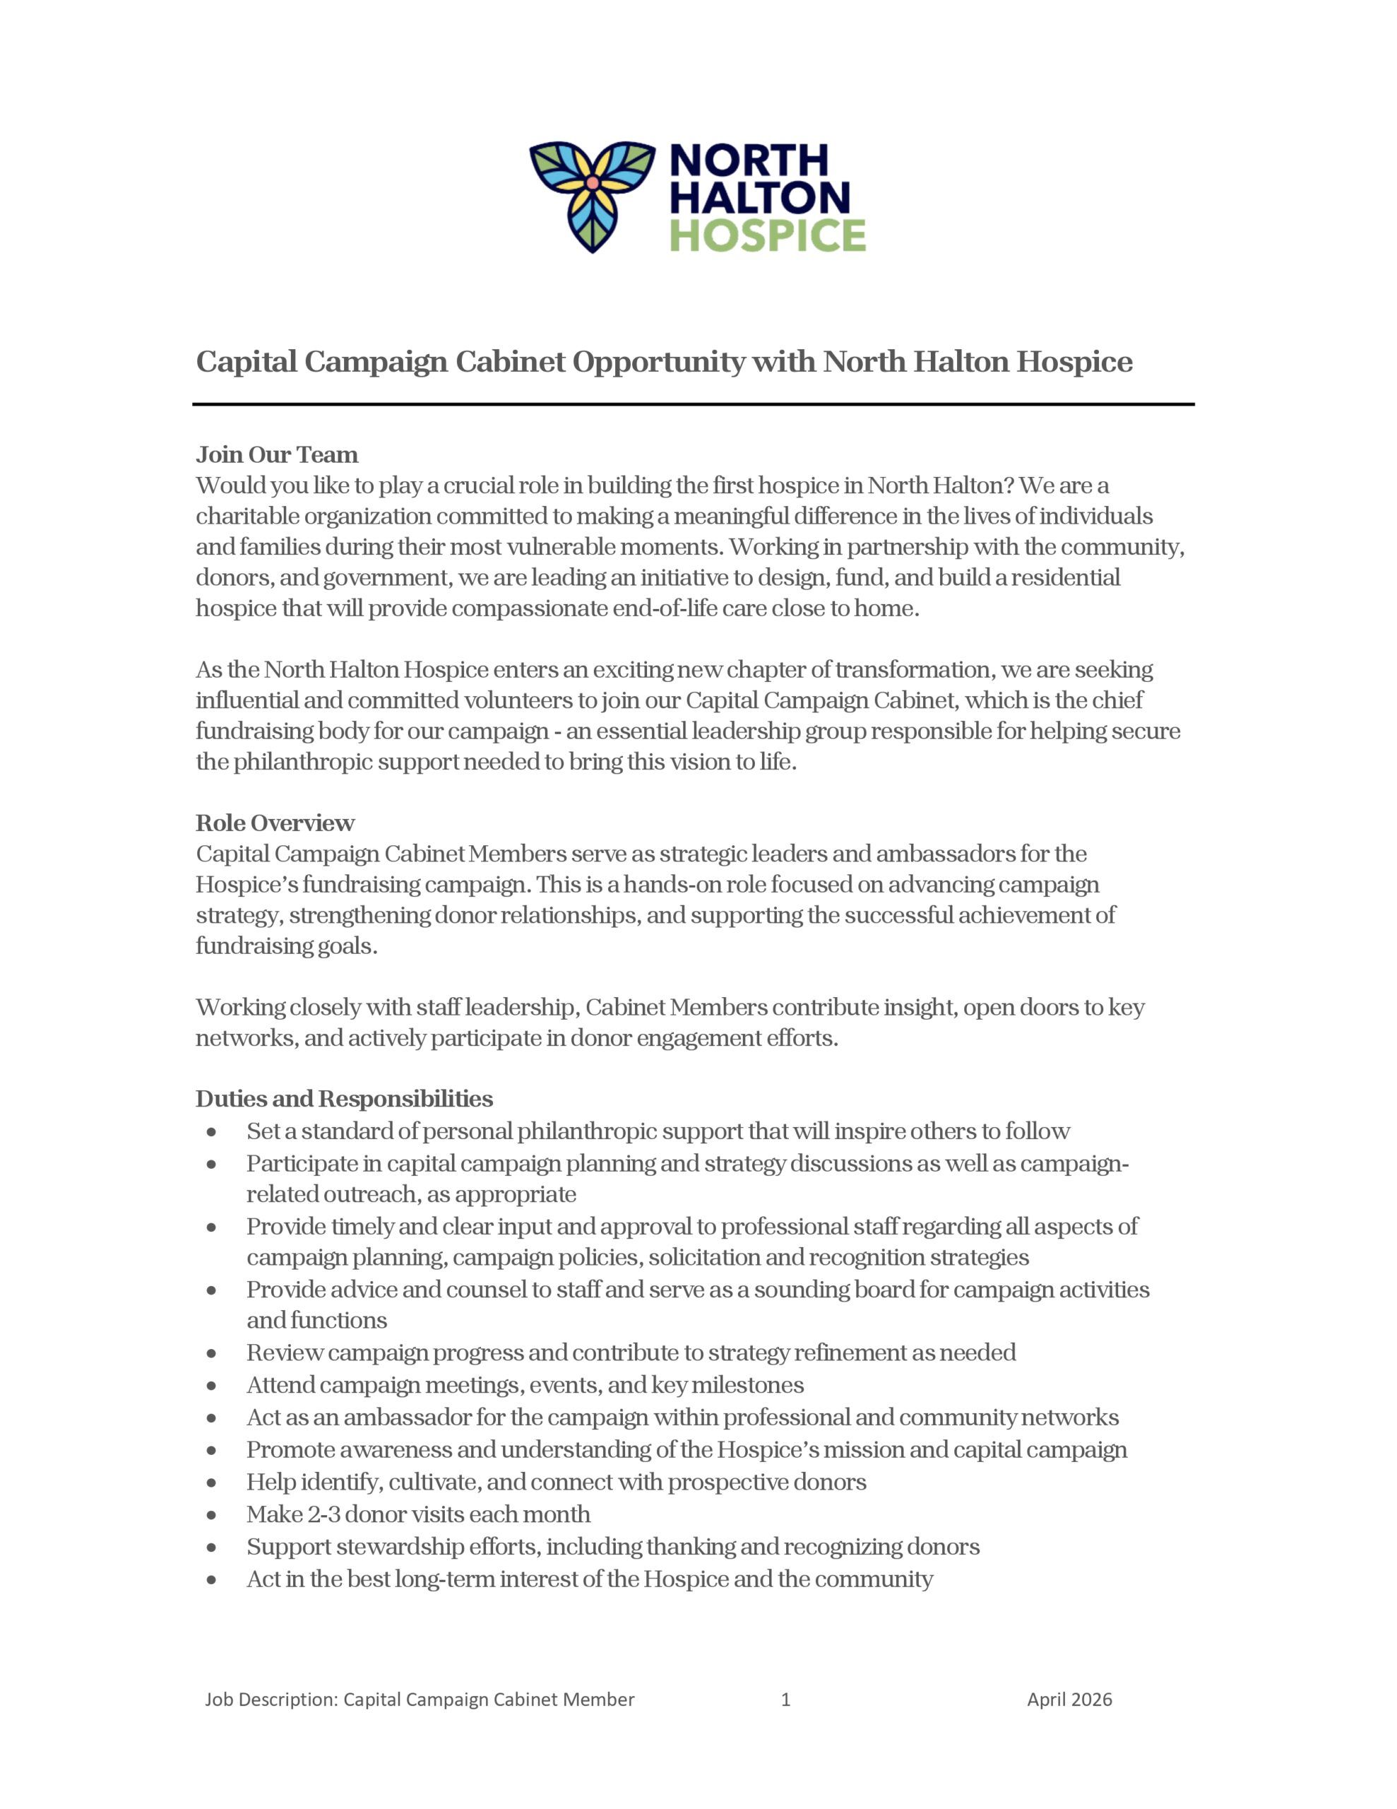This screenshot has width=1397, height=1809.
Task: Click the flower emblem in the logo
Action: pos(591,196)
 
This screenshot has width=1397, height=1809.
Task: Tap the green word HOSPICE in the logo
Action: pos(767,235)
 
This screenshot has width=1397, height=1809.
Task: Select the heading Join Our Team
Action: pos(277,455)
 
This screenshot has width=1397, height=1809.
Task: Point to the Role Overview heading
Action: pos(275,823)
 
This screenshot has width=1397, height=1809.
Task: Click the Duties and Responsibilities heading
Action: pos(344,1098)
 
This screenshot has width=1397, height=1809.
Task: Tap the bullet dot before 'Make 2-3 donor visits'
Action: pos(212,1515)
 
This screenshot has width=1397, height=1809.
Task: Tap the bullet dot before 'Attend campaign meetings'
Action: pos(212,1386)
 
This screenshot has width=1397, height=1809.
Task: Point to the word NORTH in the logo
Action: pos(748,160)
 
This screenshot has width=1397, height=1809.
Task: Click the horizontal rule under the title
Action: pos(693,404)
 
